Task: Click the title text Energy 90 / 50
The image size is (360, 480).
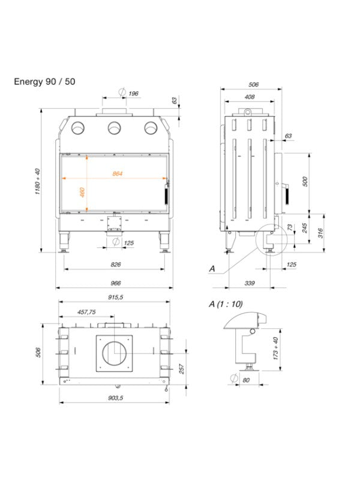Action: pos(45,81)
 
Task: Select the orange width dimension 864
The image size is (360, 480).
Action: pos(118,173)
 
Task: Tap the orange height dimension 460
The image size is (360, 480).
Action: pos(83,193)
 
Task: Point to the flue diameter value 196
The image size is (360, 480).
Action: pos(133,93)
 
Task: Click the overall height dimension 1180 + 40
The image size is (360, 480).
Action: pos(37,181)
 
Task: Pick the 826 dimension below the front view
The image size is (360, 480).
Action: pos(116,264)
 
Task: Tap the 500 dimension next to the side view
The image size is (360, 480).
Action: pos(304,181)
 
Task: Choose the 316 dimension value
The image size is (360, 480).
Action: pos(321,231)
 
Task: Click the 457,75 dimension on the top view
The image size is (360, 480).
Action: pos(87,312)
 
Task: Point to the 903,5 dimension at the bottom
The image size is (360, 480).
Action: pos(115,398)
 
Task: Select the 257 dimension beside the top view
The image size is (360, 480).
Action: pos(181,368)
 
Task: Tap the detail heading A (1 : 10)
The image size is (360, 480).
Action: pos(226,304)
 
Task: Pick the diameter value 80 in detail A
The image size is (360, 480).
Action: pos(246,379)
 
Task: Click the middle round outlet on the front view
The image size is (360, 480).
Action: pos(114,128)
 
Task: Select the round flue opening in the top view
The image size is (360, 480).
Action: pos(114,352)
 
